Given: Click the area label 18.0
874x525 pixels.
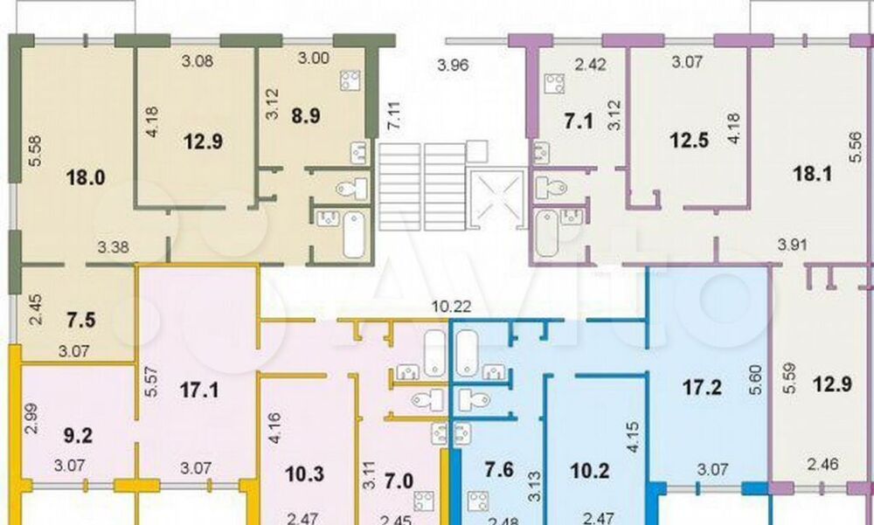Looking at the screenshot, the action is pos(86,178).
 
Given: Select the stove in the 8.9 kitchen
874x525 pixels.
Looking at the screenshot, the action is pos(350,81).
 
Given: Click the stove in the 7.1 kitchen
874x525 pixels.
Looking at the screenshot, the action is pos(555,84).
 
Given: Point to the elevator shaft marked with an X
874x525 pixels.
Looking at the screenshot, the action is pos(497,199).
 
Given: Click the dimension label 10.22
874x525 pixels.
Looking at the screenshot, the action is pos(452,306).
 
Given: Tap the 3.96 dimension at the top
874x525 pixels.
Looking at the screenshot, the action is pos(453,66).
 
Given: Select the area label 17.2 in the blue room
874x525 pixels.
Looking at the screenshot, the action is pos(702,387).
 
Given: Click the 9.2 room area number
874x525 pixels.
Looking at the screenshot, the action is pos(78,435).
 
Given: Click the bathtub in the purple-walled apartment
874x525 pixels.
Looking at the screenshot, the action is pos(547,233).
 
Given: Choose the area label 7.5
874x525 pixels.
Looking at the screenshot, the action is pos(81,321).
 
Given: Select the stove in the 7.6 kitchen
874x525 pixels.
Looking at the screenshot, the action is pos(479,500).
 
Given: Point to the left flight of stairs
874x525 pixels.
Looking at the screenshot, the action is pos(399,187).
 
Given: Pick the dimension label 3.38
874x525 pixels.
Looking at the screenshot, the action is pos(114,246).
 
